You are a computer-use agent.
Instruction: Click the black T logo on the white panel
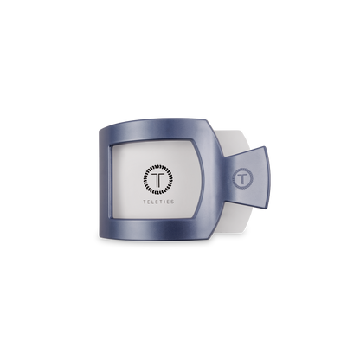[x=158, y=179]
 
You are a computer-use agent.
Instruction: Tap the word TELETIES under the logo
[x=158, y=202]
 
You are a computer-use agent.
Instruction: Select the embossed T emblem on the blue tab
[x=242, y=179]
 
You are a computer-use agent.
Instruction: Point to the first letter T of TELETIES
[x=145, y=202]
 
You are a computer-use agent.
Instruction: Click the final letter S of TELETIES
[x=172, y=202]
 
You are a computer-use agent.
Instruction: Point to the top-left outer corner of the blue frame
[x=100, y=131]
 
